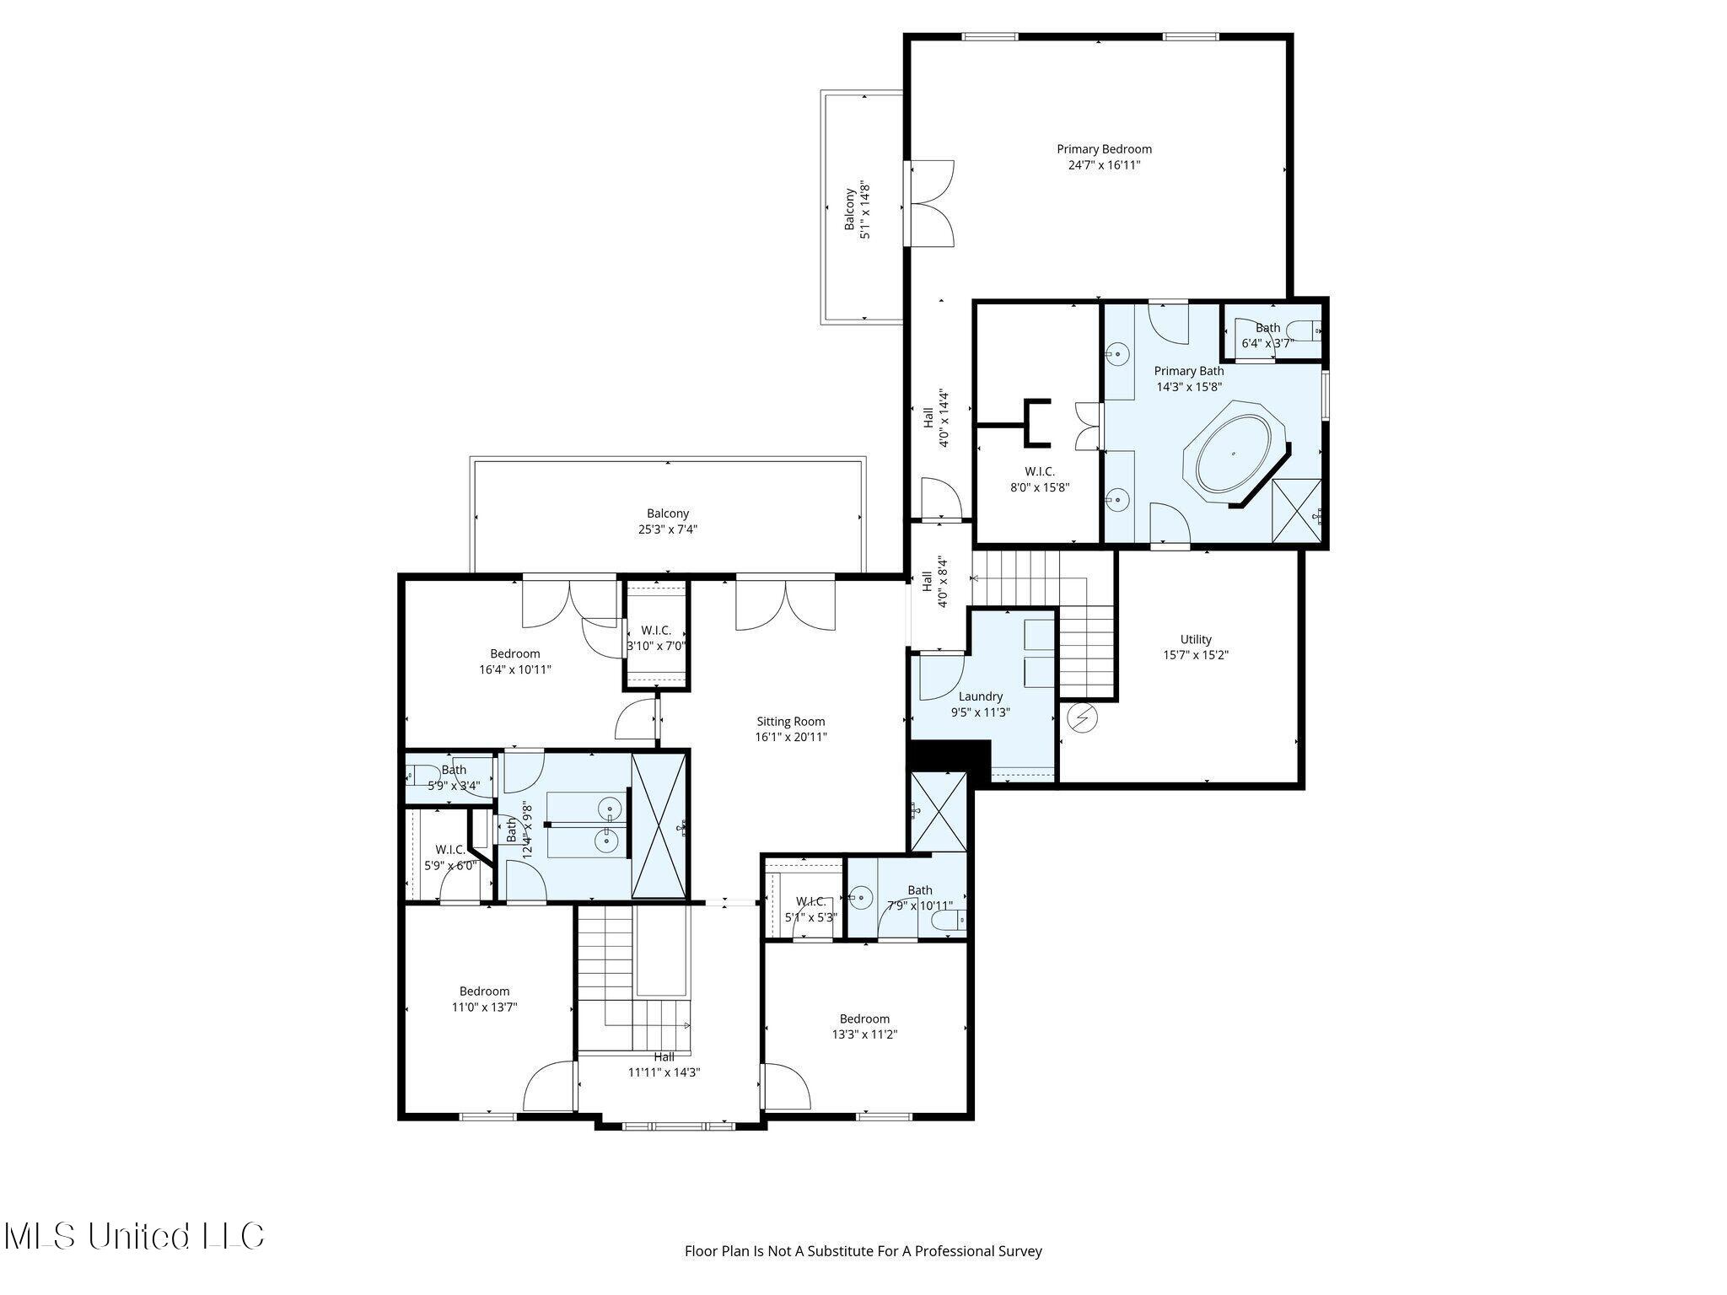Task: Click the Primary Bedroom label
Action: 1104,157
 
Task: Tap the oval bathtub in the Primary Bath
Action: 1234,454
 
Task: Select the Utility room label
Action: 1196,647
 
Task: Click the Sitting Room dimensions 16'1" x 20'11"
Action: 791,737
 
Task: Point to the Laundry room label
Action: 981,704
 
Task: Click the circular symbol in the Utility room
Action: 1083,718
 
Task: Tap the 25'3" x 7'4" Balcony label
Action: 668,521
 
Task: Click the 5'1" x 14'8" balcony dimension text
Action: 865,210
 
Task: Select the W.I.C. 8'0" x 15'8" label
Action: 1040,479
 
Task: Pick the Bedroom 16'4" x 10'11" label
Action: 515,661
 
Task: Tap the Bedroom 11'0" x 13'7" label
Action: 485,998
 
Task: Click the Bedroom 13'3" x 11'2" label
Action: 864,1026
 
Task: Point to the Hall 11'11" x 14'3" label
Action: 664,1065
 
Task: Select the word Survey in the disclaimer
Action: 1022,1251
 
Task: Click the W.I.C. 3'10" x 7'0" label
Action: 656,638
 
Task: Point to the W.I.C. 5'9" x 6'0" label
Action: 451,857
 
